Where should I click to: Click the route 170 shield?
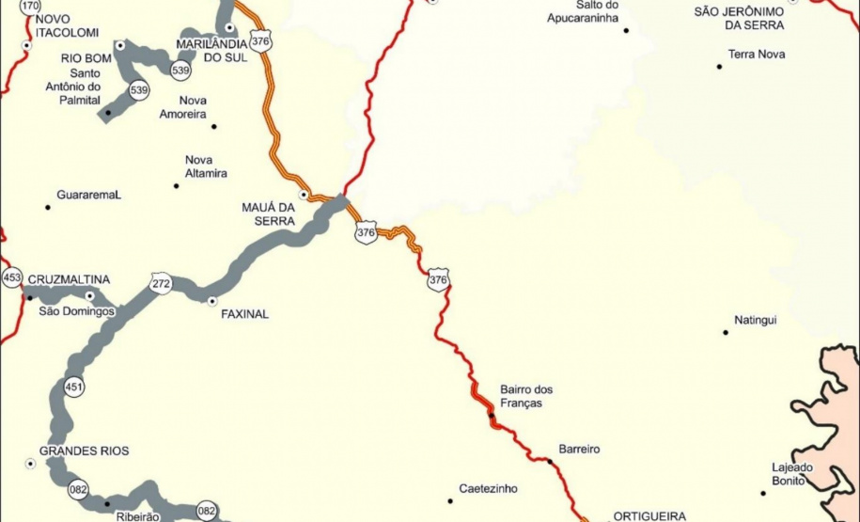(30, 6)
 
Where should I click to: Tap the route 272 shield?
(160, 282)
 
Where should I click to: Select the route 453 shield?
(11, 278)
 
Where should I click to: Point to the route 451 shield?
(73, 387)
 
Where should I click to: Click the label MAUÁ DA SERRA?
(269, 214)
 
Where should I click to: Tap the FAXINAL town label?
(244, 314)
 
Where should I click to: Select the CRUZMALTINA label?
(69, 279)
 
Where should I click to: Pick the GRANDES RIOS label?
(85, 451)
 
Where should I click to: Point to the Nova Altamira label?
(206, 166)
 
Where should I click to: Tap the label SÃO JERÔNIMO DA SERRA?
(739, 18)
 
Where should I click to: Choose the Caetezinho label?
(488, 489)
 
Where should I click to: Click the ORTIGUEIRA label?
(650, 515)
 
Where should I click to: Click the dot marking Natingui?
(725, 332)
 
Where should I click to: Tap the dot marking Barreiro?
(551, 461)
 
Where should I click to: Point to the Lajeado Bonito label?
(788, 474)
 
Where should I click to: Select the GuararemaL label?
(89, 195)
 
